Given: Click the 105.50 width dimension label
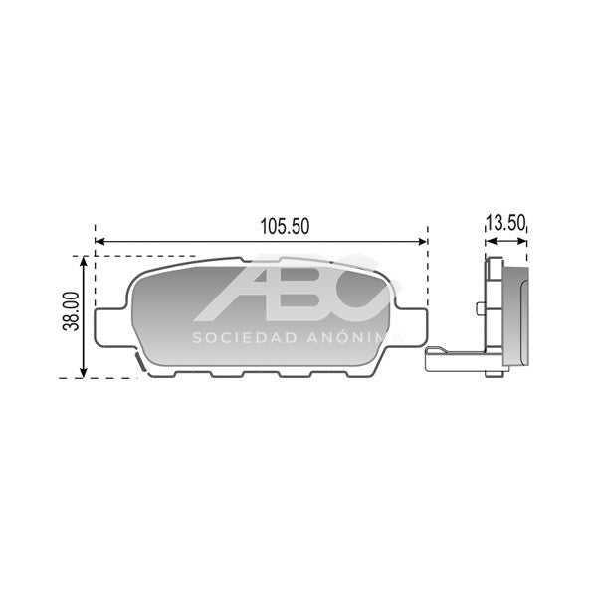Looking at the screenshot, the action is point(285,226).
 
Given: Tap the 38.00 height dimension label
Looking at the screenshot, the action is point(71,311).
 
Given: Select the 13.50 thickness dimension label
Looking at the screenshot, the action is point(506,223).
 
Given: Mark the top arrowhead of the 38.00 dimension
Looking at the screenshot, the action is point(84,261).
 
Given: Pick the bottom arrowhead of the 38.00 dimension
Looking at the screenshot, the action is point(84,373).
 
